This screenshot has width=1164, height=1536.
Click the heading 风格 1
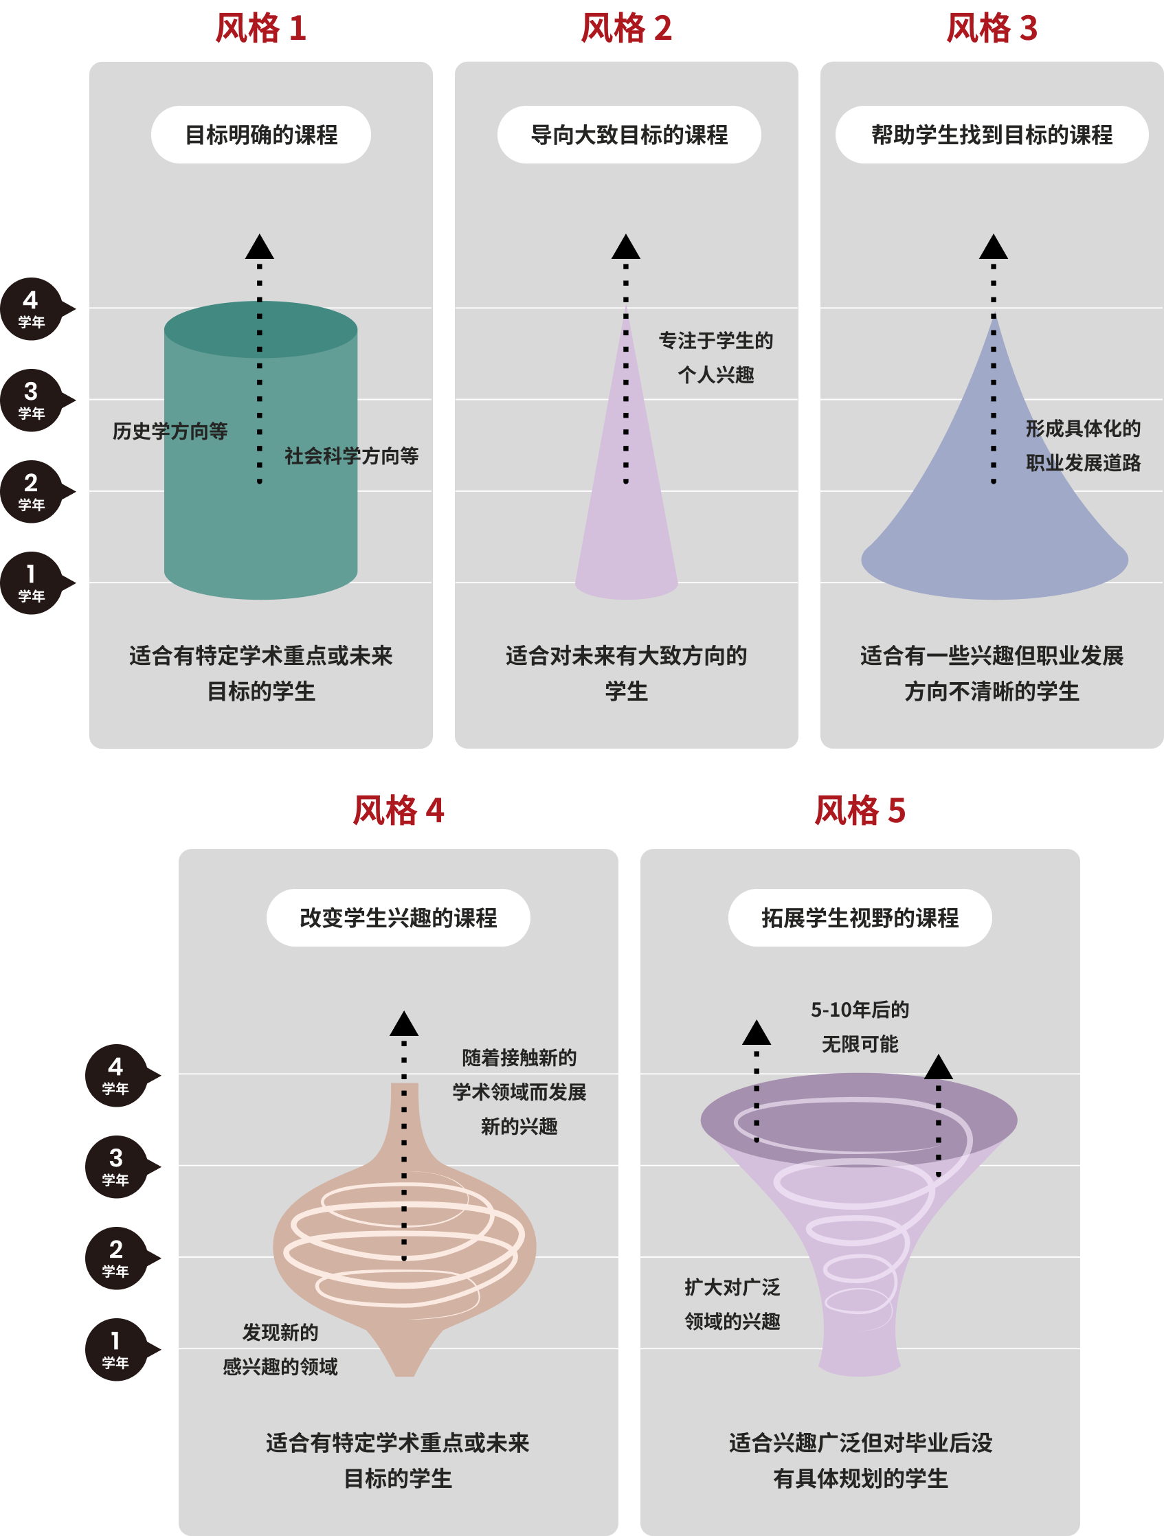pyautogui.click(x=260, y=28)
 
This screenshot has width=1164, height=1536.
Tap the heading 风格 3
pyautogui.click(x=991, y=28)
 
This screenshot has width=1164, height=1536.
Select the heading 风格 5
pyautogui.click(x=859, y=811)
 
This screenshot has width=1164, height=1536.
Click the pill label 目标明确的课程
pyautogui.click(x=260, y=135)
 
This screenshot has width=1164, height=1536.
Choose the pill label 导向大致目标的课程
pyautogui.click(x=629, y=135)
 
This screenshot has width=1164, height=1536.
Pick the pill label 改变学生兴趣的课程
pyautogui.click(x=398, y=917)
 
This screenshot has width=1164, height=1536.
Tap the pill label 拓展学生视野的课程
pyautogui.click(x=859, y=917)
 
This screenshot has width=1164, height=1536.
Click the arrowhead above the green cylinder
pyautogui.click(x=260, y=247)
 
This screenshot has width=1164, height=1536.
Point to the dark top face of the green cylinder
pyautogui.click(x=208, y=330)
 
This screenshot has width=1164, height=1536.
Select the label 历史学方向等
pyautogui.click(x=170, y=431)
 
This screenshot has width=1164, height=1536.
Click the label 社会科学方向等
pyautogui.click(x=351, y=456)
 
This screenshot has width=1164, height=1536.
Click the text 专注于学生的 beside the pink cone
pyautogui.click(x=715, y=341)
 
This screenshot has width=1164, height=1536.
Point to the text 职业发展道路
pyautogui.click(x=1083, y=463)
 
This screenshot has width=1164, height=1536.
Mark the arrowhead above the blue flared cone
pyautogui.click(x=993, y=247)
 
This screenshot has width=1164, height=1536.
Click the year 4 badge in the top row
pyautogui.click(x=31, y=309)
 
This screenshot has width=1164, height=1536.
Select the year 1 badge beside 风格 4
pyautogui.click(x=115, y=1349)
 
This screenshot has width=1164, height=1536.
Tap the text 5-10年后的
pyautogui.click(x=859, y=1010)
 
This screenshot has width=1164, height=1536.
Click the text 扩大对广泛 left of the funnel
pyautogui.click(x=732, y=1287)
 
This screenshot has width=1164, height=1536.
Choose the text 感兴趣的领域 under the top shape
pyautogui.click(x=280, y=1366)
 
